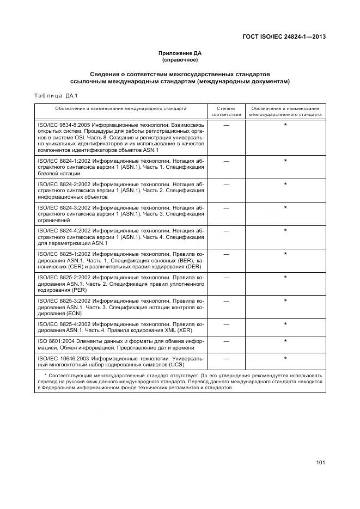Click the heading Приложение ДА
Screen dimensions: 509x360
coord(180,53)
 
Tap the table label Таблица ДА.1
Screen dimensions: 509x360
coord(56,96)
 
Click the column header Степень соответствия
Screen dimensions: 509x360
coord(226,112)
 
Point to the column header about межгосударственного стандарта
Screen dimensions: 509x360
coord(285,112)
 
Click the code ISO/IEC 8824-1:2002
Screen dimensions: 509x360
coord(61,161)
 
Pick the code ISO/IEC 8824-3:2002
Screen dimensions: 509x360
coord(61,208)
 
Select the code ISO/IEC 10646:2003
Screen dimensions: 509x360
coord(63,359)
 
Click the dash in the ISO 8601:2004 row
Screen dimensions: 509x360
coord(226,341)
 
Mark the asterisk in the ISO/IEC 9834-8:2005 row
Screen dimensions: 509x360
coord(285,126)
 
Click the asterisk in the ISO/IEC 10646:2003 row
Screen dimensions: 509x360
coord(285,359)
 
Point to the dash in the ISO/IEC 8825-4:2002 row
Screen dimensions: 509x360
coord(226,324)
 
